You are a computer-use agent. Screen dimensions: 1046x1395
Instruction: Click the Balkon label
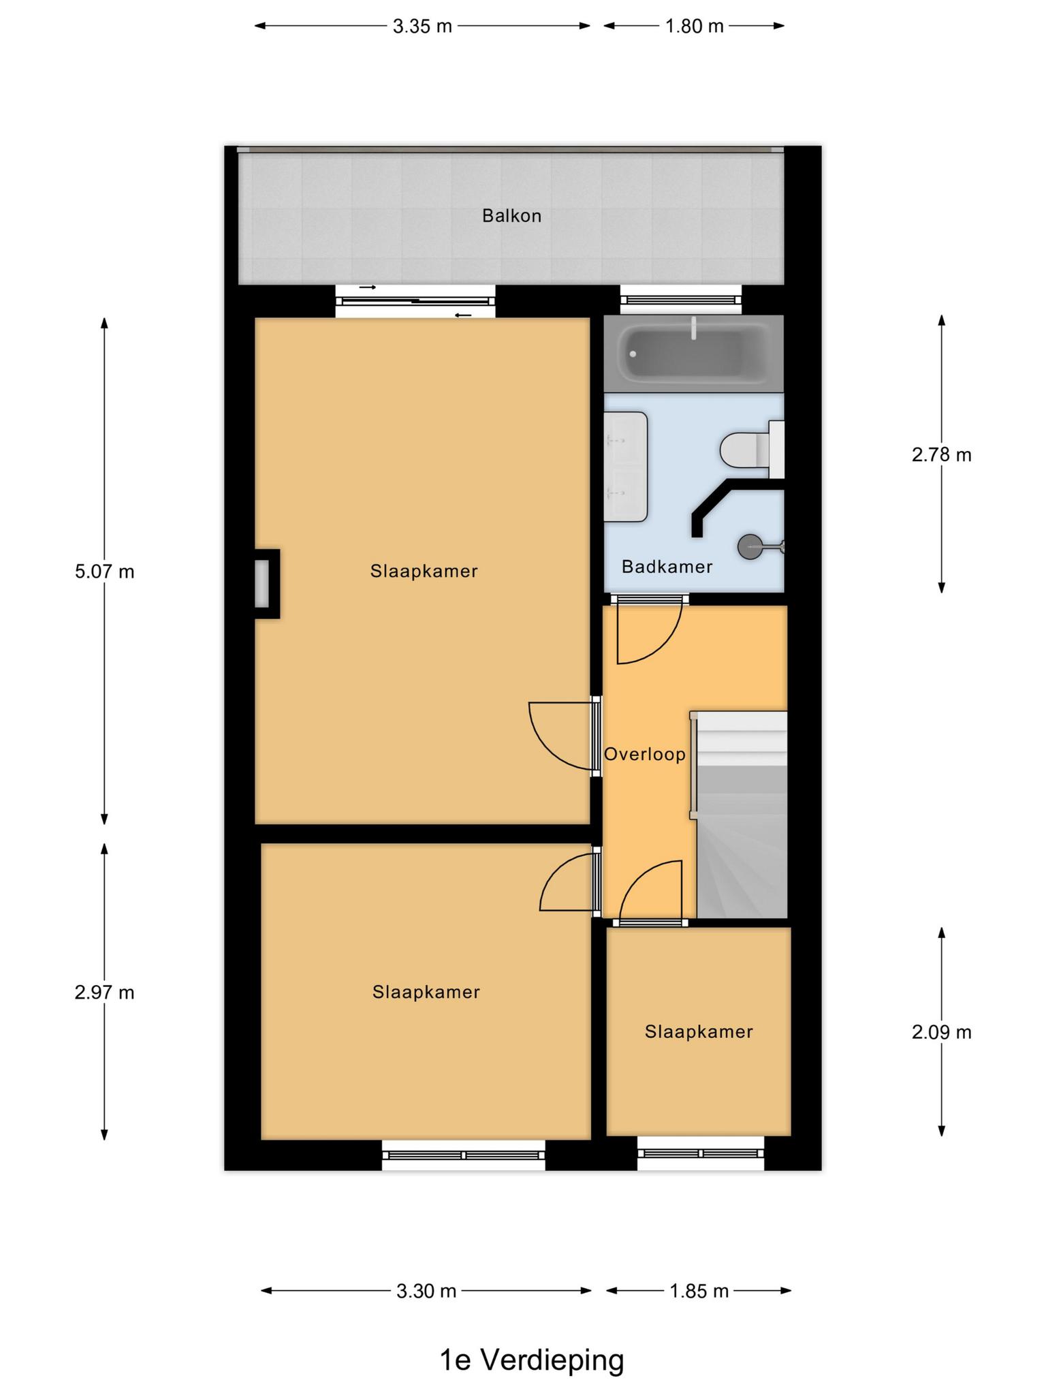pyautogui.click(x=511, y=216)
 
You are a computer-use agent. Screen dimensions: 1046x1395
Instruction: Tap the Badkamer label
pyautogui.click(x=667, y=567)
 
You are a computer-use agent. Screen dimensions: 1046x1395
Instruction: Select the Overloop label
pyautogui.click(x=645, y=754)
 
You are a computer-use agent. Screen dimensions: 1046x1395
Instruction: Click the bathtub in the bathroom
pyautogui.click(x=694, y=354)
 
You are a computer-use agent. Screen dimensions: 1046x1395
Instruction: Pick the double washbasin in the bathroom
pyautogui.click(x=626, y=467)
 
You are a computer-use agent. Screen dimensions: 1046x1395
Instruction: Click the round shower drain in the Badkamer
pyautogui.click(x=750, y=546)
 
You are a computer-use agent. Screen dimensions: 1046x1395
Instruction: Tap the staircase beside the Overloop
pyautogui.click(x=741, y=815)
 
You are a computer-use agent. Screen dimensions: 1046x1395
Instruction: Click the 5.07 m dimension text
pyautogui.click(x=105, y=571)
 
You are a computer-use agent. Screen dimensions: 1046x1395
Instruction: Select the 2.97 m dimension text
pyautogui.click(x=105, y=992)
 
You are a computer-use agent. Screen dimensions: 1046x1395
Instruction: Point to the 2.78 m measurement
pyautogui.click(x=942, y=454)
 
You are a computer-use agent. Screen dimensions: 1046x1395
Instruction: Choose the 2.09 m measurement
pyautogui.click(x=942, y=1032)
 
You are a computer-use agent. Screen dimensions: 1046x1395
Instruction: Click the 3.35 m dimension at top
pyautogui.click(x=423, y=27)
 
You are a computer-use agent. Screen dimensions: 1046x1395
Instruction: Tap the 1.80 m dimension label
pyautogui.click(x=694, y=27)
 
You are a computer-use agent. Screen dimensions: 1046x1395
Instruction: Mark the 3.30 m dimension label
pyautogui.click(x=426, y=1291)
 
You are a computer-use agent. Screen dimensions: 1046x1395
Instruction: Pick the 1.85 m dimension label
pyautogui.click(x=699, y=1291)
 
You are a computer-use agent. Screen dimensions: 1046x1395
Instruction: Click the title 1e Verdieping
pyautogui.click(x=532, y=1360)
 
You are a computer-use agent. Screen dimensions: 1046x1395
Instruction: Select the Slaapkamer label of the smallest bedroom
pyautogui.click(x=699, y=1031)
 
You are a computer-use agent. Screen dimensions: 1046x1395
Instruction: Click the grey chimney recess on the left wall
pyautogui.click(x=262, y=583)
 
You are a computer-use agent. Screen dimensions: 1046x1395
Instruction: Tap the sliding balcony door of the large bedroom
pyautogui.click(x=415, y=301)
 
